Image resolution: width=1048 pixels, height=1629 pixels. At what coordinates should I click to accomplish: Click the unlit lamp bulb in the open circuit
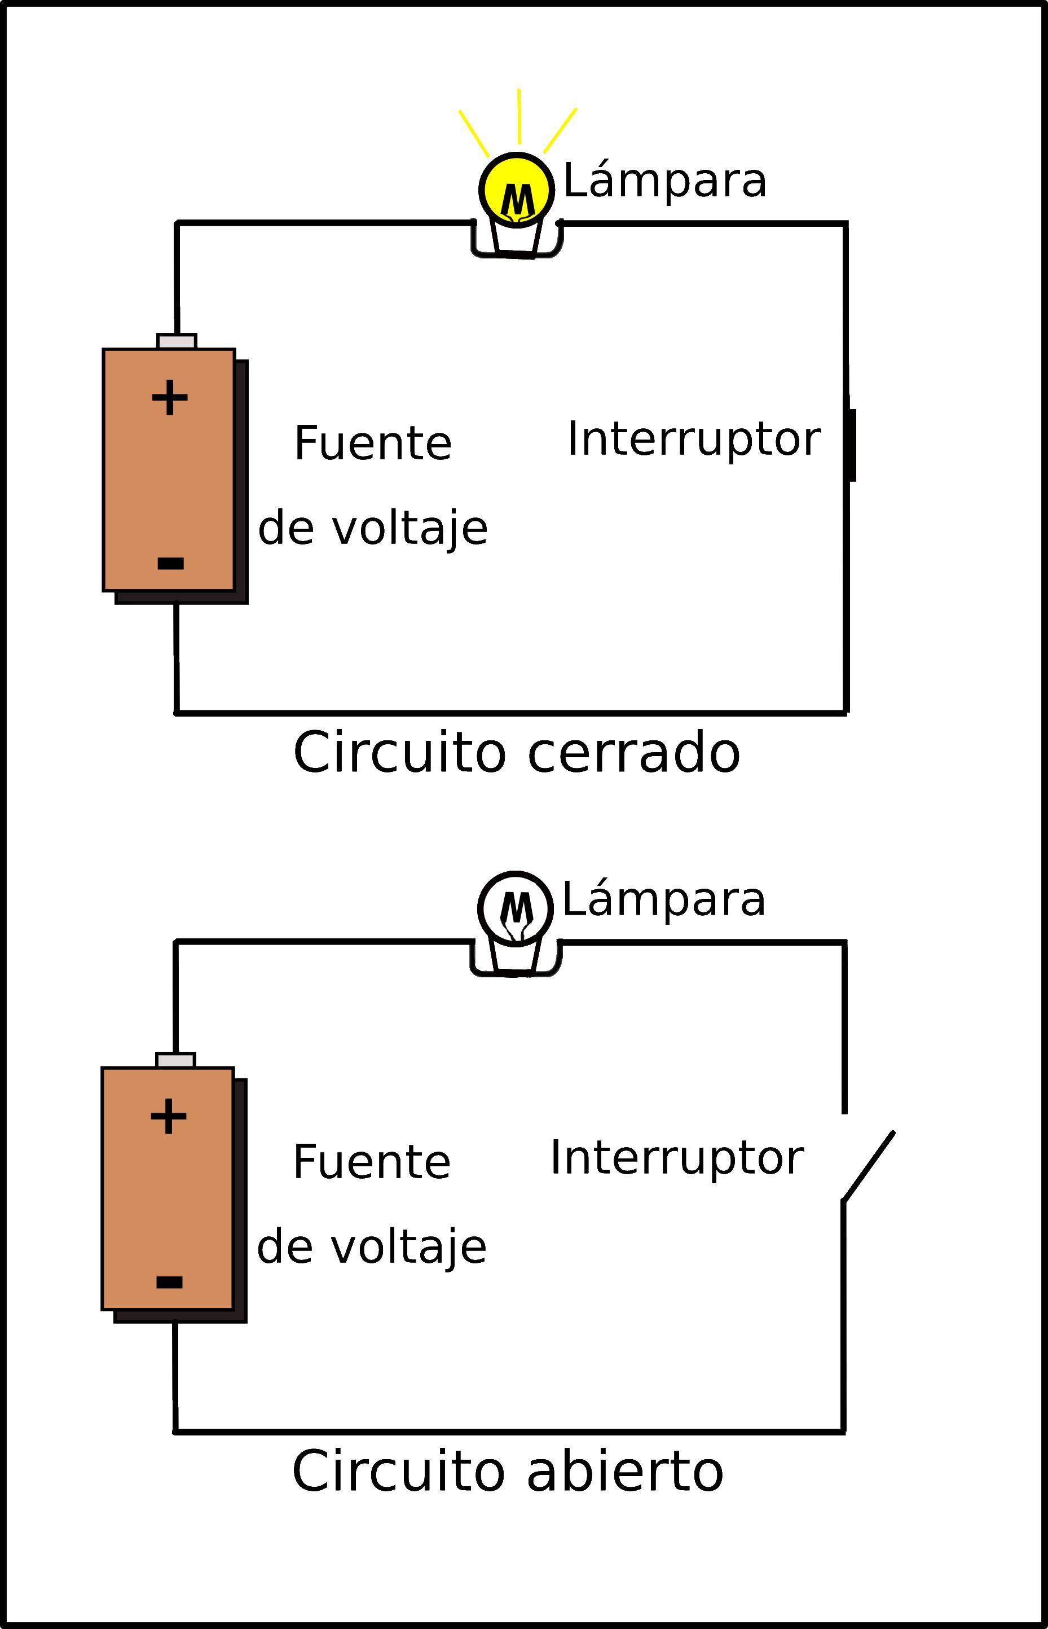click(x=515, y=907)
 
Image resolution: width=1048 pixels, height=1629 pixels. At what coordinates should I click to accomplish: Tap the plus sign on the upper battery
click(x=169, y=398)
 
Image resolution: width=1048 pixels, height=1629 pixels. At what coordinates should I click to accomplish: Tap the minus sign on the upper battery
click(x=170, y=563)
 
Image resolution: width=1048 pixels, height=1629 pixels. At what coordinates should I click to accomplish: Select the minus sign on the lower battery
click(x=169, y=1283)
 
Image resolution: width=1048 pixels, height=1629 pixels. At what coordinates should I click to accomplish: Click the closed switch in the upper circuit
click(x=851, y=445)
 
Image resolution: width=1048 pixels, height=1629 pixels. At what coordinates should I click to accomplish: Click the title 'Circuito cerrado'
click(x=516, y=753)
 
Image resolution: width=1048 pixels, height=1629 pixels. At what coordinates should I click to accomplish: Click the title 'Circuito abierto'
click(x=507, y=1471)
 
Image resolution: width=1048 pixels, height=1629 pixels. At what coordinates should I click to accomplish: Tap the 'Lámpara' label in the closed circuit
click(x=665, y=182)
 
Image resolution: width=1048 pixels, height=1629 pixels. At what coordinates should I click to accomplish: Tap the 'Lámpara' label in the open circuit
click(x=663, y=901)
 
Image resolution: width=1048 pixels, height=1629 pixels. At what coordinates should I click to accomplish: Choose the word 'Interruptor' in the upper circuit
click(x=693, y=440)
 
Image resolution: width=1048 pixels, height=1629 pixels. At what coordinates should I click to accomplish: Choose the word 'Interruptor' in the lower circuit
click(x=676, y=1158)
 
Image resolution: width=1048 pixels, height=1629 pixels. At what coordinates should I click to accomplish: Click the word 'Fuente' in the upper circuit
click(x=372, y=443)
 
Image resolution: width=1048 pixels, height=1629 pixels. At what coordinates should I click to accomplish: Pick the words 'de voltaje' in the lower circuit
click(x=372, y=1248)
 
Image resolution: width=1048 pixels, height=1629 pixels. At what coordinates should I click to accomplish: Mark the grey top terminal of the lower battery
click(x=175, y=1060)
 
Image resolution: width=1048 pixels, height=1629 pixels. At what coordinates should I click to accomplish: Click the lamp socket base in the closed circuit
click(x=517, y=242)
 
